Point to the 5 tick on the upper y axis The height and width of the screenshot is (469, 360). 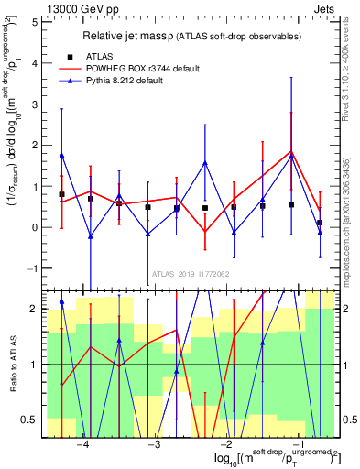[x=36, y=21]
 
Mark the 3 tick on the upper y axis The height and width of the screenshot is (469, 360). [x=36, y=104]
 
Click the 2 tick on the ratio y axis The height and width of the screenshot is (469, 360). [x=36, y=309]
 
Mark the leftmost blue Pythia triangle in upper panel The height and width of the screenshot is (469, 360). [x=61, y=156]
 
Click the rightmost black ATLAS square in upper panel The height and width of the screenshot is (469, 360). [x=320, y=223]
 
